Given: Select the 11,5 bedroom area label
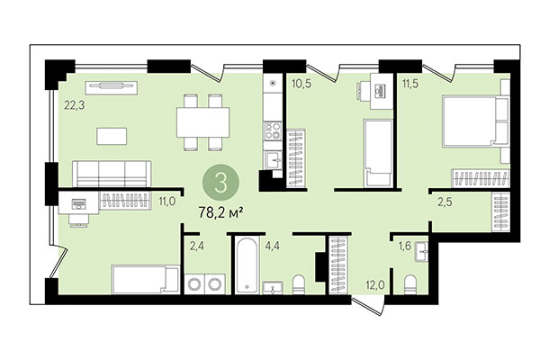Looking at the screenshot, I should click(411, 85).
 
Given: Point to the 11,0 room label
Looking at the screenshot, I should click(166, 202).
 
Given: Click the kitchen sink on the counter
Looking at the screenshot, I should click(274, 159).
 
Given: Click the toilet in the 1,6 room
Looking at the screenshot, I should click(410, 286).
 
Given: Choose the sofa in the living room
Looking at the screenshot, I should click(112, 172).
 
